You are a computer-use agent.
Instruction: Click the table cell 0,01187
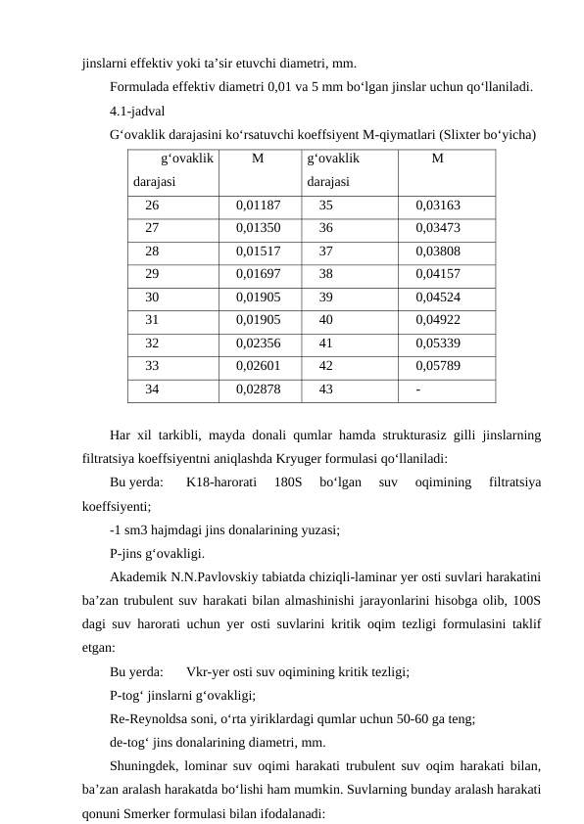[258, 206]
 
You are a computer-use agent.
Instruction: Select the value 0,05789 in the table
[438, 366]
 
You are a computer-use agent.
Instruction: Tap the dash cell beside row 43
[419, 389]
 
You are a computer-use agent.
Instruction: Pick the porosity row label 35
[325, 206]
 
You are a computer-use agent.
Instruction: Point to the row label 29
[152, 275]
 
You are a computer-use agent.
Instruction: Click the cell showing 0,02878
[258, 389]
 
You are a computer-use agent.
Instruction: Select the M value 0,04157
[438, 275]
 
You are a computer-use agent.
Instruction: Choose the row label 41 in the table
[325, 343]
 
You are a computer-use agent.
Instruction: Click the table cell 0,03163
[438, 206]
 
